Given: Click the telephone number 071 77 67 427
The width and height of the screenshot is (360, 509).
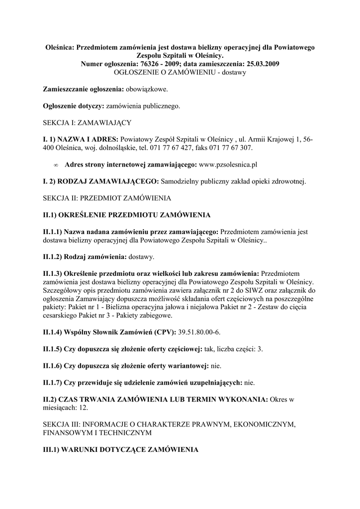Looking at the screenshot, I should coord(166,148).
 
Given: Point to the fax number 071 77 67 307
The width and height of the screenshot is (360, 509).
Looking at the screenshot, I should coord(229,148).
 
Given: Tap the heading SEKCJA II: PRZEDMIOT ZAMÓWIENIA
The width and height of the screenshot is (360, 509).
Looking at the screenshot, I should coord(107,198).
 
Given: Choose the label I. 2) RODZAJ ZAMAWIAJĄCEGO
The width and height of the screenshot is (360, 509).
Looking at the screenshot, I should coord(101,181).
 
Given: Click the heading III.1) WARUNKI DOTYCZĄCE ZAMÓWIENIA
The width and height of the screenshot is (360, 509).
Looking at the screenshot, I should coord(120,450).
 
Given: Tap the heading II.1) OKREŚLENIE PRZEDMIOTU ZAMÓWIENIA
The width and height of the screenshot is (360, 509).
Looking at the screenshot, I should coord(127,215).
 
